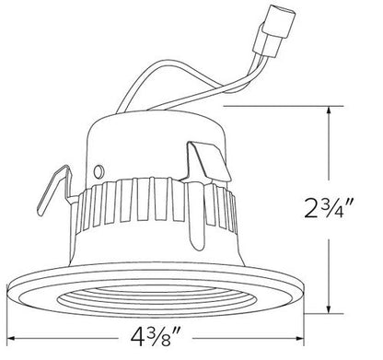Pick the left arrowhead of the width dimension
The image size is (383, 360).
tap(13, 335)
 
